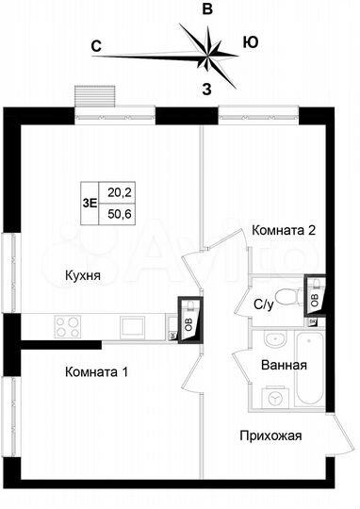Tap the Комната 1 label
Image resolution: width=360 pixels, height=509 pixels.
(97, 371)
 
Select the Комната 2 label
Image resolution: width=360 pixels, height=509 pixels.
(282, 230)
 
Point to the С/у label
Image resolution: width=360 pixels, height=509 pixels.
(265, 304)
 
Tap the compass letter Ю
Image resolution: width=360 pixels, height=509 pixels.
(251, 42)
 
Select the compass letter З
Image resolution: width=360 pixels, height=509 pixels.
(206, 89)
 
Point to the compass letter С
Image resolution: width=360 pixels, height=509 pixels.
(96, 44)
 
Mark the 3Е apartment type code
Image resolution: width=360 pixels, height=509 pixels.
(90, 201)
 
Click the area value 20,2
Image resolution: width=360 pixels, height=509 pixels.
(119, 191)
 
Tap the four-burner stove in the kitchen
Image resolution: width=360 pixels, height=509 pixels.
(67, 327)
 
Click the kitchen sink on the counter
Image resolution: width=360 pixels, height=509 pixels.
(130, 327)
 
